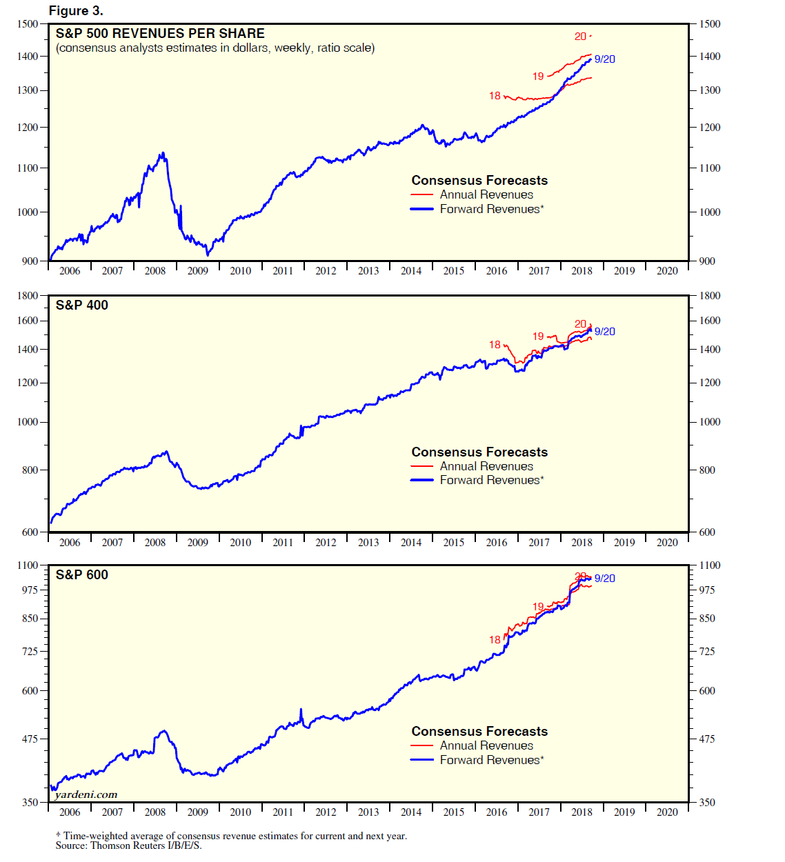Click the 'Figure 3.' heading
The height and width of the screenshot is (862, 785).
(76, 11)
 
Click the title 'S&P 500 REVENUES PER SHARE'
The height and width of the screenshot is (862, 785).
(160, 33)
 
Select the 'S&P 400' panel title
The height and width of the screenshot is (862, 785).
(82, 305)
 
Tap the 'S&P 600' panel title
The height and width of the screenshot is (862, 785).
(82, 574)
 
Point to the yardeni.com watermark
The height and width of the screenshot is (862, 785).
(86, 794)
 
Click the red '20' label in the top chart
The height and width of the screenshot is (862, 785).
(580, 37)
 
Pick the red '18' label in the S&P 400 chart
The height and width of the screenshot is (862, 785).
(495, 345)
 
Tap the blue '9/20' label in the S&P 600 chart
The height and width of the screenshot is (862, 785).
(605, 579)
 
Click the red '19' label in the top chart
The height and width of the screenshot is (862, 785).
(538, 77)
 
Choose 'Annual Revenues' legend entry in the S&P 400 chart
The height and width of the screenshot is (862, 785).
(486, 466)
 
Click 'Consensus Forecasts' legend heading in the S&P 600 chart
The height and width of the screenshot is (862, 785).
(479, 731)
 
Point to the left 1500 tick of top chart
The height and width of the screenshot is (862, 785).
(28, 24)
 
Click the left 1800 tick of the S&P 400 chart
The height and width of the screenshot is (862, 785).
(28, 296)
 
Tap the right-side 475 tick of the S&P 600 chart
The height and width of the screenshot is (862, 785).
(707, 739)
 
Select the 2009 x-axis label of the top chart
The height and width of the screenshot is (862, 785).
(197, 271)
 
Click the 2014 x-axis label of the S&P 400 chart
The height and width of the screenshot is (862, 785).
(411, 543)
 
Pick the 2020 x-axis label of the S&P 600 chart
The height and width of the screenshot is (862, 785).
(667, 812)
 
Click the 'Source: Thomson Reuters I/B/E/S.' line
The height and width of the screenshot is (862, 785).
(129, 845)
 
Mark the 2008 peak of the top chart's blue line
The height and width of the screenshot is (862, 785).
(163, 153)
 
